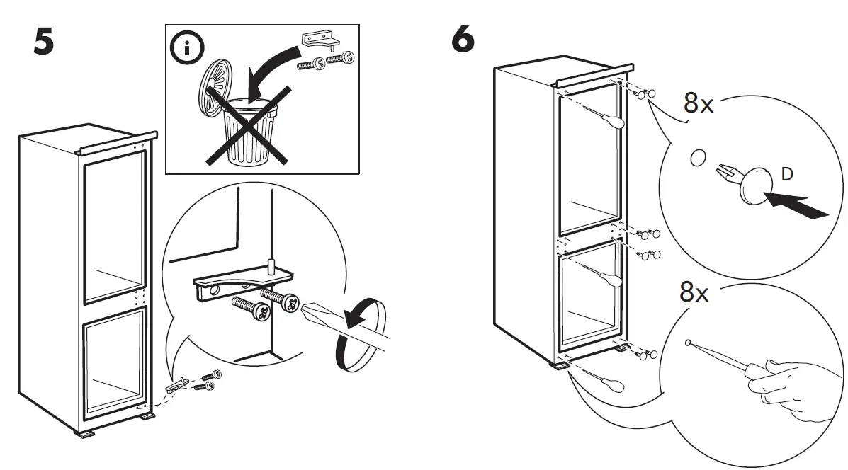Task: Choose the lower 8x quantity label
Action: pyautogui.click(x=694, y=292)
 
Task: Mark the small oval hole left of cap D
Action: pyautogui.click(x=697, y=158)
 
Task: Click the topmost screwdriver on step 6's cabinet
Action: pyautogui.click(x=606, y=117)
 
